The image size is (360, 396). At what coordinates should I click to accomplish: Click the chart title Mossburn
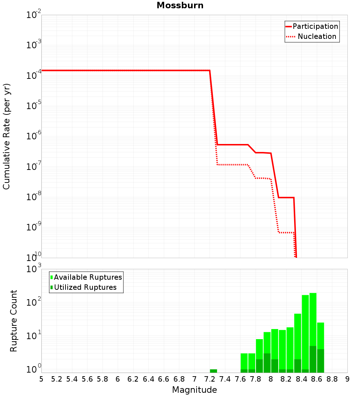(180, 6)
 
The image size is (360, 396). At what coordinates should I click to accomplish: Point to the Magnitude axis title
(194, 390)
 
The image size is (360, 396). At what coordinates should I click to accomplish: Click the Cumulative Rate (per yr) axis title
(6, 136)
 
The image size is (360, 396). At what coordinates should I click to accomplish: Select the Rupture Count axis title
(14, 321)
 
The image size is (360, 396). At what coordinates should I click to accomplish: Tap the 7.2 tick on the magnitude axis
(210, 379)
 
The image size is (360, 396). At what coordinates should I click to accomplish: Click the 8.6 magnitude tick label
(317, 379)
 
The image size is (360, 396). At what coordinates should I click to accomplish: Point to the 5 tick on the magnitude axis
(41, 379)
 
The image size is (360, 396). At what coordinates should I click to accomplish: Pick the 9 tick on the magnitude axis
(347, 379)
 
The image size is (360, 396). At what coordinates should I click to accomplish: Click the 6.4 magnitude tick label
(148, 379)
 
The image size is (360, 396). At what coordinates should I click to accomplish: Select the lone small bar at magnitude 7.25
(213, 371)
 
